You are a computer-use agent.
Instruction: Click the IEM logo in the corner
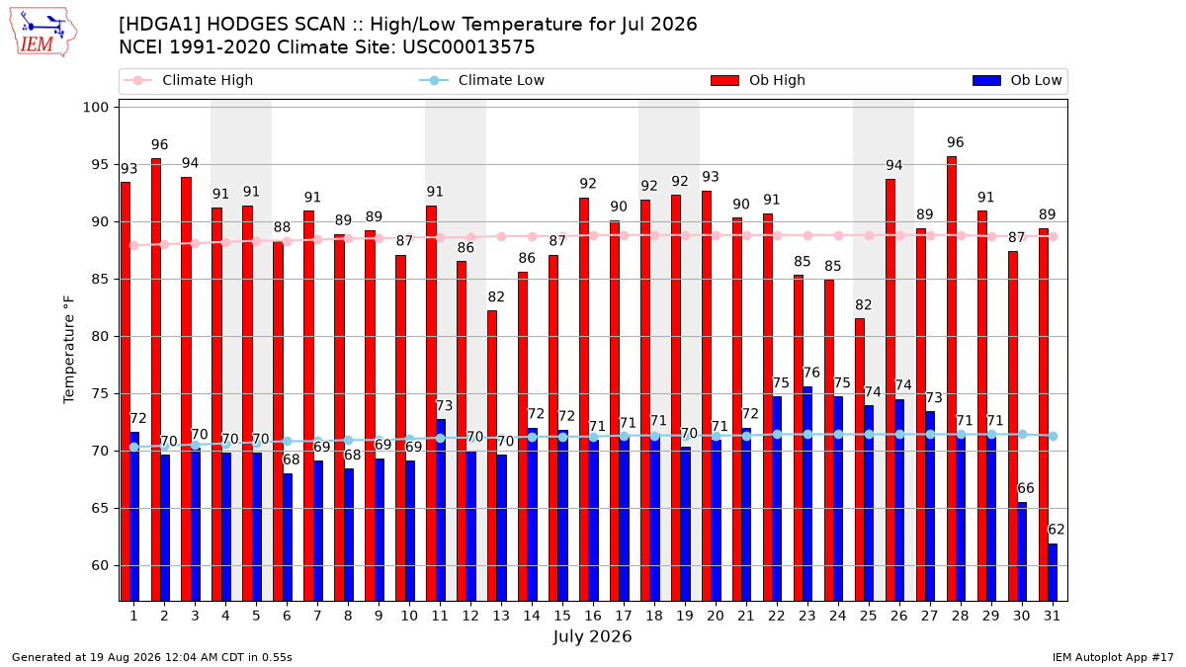pos(42,32)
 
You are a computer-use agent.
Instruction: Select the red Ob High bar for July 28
pos(952,378)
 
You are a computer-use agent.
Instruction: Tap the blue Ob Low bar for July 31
pos(1053,572)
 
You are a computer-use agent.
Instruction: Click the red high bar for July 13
pos(492,456)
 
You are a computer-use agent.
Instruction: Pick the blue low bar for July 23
pos(807,494)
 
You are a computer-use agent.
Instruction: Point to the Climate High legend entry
pos(189,80)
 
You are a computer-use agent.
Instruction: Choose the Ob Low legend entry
pos(1017,80)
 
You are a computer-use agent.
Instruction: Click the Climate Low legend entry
pos(482,80)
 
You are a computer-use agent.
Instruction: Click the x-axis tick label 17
pos(624,617)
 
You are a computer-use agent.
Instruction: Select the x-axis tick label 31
pos(1052,617)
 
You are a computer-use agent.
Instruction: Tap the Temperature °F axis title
pos(69,350)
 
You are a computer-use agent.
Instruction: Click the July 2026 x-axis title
pos(592,636)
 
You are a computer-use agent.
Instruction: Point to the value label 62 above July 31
pos(1057,530)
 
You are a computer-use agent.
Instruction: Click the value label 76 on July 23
pos(811,373)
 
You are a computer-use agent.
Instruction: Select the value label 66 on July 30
pos(1026,488)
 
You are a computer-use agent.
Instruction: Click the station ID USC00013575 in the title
pos(469,47)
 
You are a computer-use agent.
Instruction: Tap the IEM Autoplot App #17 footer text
pos(1113,657)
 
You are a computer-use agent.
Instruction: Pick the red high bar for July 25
pos(860,459)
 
